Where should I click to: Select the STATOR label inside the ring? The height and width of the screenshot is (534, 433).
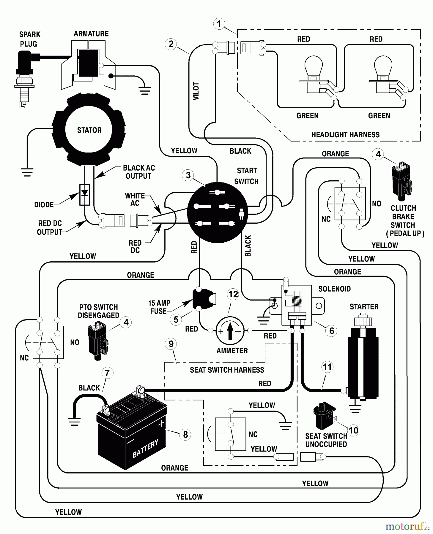(x=89, y=130)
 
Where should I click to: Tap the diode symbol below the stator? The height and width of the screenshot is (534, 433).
(x=85, y=194)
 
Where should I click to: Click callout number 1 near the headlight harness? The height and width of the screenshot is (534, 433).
(x=219, y=24)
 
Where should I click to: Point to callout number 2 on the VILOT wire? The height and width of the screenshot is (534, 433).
(x=171, y=44)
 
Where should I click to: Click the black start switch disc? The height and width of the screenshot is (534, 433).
(x=218, y=212)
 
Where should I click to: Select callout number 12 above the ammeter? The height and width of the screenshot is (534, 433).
(x=233, y=294)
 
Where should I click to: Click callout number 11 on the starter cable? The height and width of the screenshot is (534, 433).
(x=327, y=367)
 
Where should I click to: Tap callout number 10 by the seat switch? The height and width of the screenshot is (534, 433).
(x=353, y=430)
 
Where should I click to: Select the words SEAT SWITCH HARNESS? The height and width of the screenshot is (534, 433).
(x=227, y=370)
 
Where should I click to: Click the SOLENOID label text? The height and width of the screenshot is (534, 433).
(x=334, y=289)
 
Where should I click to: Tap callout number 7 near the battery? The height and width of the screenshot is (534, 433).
(x=107, y=373)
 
